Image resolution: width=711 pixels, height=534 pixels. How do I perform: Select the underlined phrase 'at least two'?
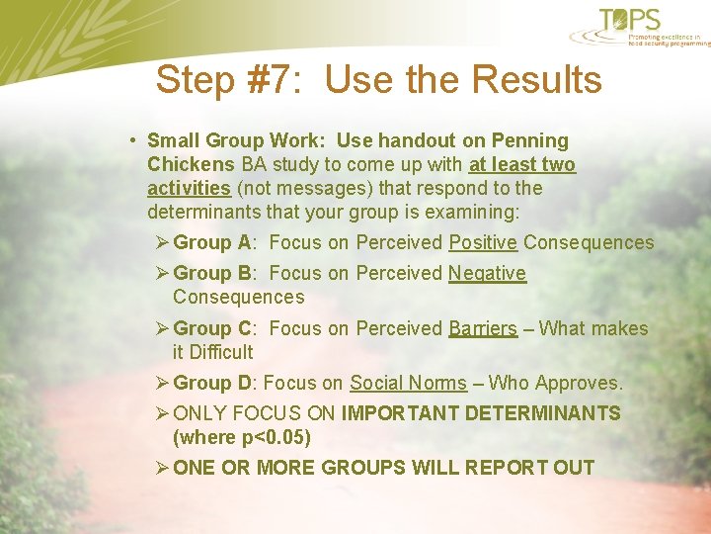pyautogui.click(x=522, y=164)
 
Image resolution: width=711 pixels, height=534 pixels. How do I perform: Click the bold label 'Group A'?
pyautogui.click(x=212, y=242)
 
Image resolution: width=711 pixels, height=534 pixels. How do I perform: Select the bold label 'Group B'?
pyautogui.click(x=212, y=273)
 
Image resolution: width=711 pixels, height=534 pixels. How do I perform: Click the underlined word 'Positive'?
pyautogui.click(x=483, y=242)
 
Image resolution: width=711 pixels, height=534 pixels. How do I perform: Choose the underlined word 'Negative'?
pyautogui.click(x=487, y=273)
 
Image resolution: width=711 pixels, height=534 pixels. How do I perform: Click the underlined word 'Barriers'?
pyautogui.click(x=483, y=328)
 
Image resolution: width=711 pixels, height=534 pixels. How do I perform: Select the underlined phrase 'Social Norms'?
pyautogui.click(x=408, y=383)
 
